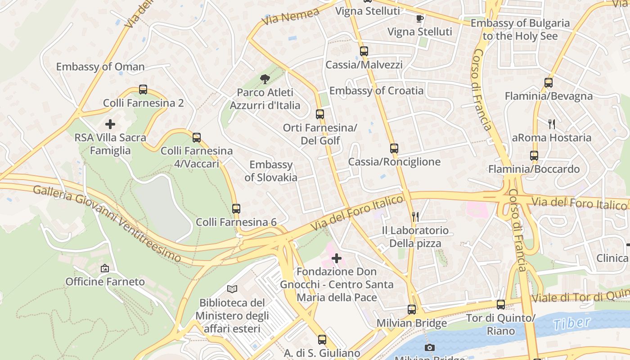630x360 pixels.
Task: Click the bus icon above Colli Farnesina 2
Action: (143, 89)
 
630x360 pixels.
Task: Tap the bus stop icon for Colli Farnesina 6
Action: (236, 208)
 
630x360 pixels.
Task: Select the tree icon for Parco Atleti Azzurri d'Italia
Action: (265, 79)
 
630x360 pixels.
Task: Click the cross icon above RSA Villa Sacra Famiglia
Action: (110, 124)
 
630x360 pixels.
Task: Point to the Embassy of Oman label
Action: (100, 67)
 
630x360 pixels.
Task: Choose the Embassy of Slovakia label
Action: (271, 171)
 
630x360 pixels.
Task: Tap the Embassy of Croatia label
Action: (376, 90)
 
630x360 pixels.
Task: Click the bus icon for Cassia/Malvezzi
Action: (364, 51)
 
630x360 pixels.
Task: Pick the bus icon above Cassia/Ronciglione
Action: (394, 148)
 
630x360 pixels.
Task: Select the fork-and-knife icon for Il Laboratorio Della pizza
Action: (415, 217)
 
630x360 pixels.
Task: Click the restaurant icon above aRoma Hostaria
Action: (552, 124)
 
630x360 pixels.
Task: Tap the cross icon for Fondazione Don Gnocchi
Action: (336, 258)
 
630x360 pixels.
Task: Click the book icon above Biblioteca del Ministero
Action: (232, 289)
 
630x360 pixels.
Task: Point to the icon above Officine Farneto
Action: (105, 268)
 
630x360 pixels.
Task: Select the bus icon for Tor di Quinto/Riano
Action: (501, 305)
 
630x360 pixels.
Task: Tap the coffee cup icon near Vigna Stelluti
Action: (419, 18)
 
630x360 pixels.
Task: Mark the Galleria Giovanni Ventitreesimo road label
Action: (107, 222)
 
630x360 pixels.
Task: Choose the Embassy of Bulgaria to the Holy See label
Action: (520, 29)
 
